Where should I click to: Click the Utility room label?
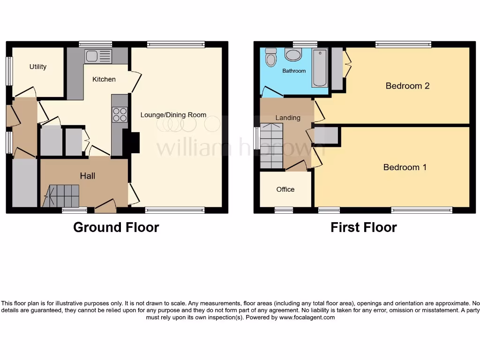coord(38,67)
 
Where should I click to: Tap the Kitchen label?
coord(104,79)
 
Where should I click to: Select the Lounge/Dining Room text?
coord(173,114)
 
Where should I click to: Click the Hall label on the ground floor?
coord(87,176)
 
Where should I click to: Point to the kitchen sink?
coord(98,57)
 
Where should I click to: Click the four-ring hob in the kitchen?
coord(120,115)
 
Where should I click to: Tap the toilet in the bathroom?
coord(270,59)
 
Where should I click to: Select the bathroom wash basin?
coord(293,55)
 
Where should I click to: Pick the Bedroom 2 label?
coord(407,86)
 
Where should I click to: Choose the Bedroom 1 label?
coord(405,167)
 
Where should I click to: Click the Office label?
coord(285,189)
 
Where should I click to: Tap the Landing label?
coord(287,118)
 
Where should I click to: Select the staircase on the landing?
coord(271,146)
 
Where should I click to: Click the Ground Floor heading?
coord(116,227)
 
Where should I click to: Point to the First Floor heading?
coord(363,227)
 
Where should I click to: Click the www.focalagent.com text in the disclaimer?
coord(307,317)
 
